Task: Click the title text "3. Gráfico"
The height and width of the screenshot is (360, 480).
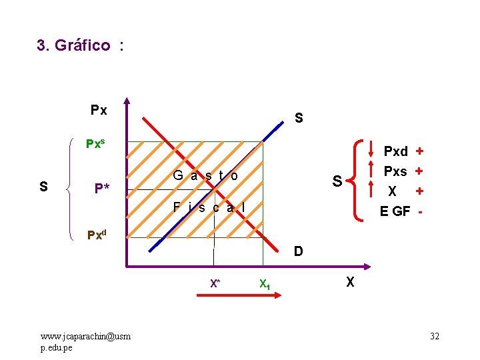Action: coord(74,45)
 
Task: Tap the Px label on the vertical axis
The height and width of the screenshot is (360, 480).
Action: coord(99,110)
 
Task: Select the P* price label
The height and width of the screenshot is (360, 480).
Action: coord(102,188)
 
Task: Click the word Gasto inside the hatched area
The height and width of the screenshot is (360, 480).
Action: coord(205,176)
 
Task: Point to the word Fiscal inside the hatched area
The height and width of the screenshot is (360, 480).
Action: coord(209,207)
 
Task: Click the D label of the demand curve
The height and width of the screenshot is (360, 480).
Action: coord(299,251)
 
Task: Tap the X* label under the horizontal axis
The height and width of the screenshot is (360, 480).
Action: coord(215,283)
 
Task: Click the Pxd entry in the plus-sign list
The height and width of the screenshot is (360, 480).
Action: coord(395,152)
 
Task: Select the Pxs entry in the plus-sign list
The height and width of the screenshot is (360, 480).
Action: coord(395,171)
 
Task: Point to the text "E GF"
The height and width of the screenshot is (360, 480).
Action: coord(395,211)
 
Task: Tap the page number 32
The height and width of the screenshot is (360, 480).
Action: coord(434,336)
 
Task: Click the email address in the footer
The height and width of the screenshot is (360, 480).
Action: coord(85,340)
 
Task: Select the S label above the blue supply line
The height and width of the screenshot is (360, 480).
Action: coord(299,119)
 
